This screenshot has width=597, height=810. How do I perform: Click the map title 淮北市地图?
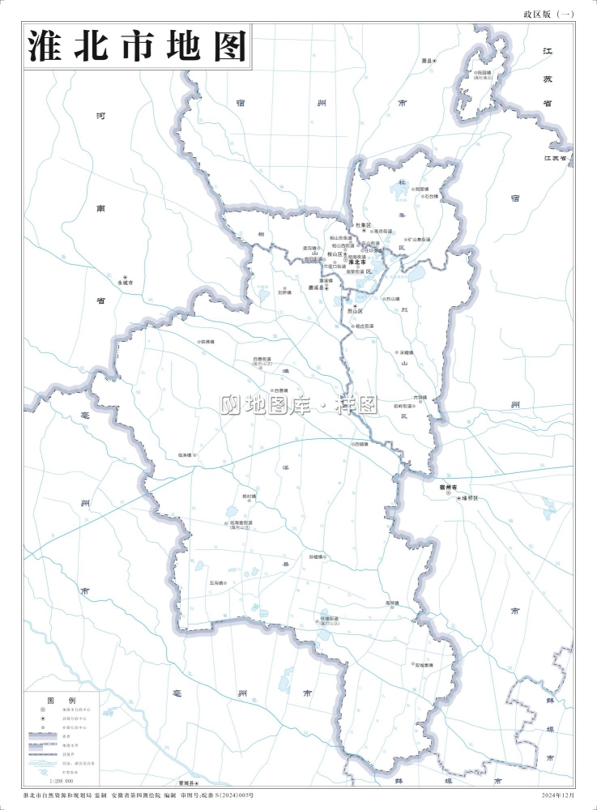pos(137,46)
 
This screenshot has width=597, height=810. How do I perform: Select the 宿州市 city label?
pos(449,486)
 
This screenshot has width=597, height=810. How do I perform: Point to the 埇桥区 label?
pos(471,497)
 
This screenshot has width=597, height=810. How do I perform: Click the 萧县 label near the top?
pos(428,62)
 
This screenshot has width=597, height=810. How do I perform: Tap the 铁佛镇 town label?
pos(207,342)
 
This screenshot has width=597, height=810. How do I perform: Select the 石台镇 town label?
pos(429,196)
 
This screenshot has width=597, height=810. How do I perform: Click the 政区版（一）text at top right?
pos(549,15)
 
